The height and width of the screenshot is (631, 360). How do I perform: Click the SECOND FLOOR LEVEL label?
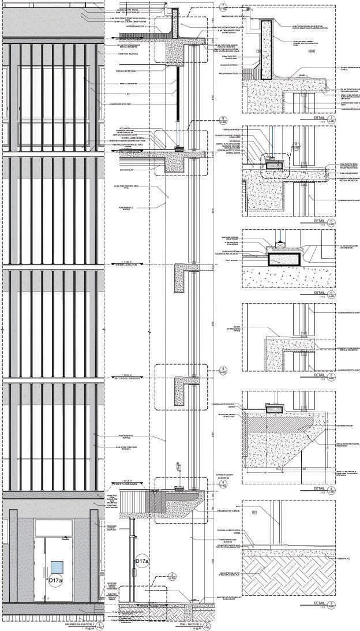[x=130, y=377]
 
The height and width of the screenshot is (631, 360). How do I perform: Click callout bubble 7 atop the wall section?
[x=223, y=8]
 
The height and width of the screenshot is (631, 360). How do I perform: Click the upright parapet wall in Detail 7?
[x=267, y=49]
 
